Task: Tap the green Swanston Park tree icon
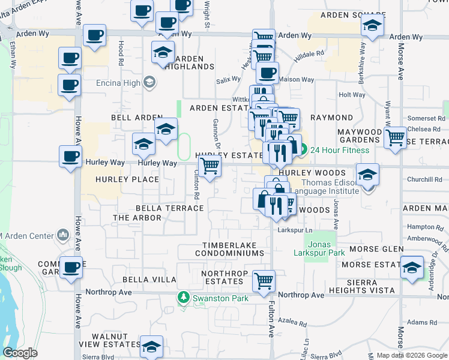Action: click(x=183, y=297)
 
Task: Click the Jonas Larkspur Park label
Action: click(x=326, y=248)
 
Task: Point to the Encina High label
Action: click(x=118, y=82)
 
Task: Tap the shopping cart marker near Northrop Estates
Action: click(x=264, y=280)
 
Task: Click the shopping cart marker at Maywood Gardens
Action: click(x=396, y=137)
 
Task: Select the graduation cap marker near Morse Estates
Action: click(x=412, y=266)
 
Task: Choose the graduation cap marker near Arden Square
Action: click(x=372, y=25)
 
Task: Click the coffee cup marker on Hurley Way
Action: click(x=71, y=157)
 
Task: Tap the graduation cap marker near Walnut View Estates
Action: click(x=152, y=346)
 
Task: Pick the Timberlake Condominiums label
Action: click(x=229, y=250)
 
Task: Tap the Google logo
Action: click(x=20, y=352)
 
